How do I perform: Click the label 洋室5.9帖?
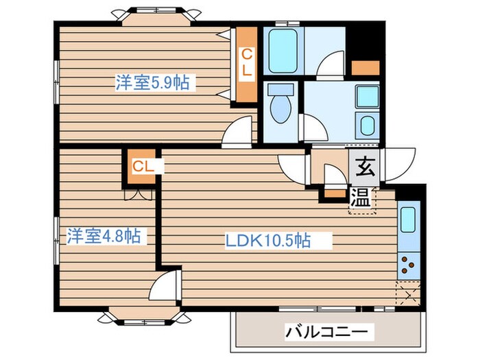tap(152, 84)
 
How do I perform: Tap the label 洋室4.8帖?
tap(104, 237)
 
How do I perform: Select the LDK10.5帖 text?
tap(269, 241)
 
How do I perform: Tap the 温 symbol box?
tap(361, 198)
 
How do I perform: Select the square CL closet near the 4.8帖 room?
tap(141, 166)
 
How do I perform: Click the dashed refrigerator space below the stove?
tap(407, 292)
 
